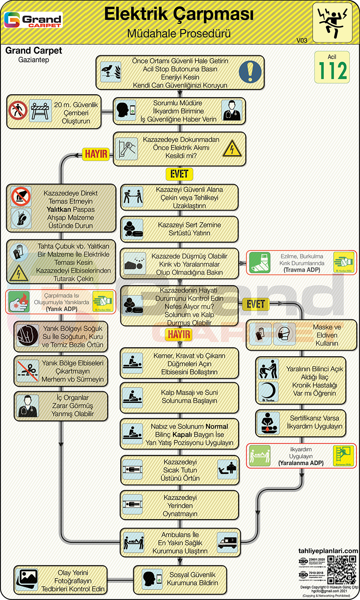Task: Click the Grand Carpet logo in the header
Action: [x=33, y=20]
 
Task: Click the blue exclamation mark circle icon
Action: [x=250, y=72]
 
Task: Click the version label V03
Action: [x=301, y=40]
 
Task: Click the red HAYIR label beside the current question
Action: [x=96, y=154]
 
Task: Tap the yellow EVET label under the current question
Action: [x=179, y=174]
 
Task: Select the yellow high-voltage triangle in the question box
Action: [x=232, y=149]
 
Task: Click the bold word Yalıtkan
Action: [x=59, y=210]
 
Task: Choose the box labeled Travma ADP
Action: [x=301, y=263]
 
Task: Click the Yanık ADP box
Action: [x=60, y=302]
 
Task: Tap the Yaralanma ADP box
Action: [x=301, y=456]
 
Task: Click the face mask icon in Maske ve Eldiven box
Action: [x=284, y=334]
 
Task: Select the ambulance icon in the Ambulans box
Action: [x=228, y=543]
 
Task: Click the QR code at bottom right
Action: [x=342, y=570]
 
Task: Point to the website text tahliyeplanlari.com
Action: [x=328, y=551]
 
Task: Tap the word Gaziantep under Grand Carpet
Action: [x=34, y=60]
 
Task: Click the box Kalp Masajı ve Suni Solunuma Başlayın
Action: [x=179, y=397]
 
